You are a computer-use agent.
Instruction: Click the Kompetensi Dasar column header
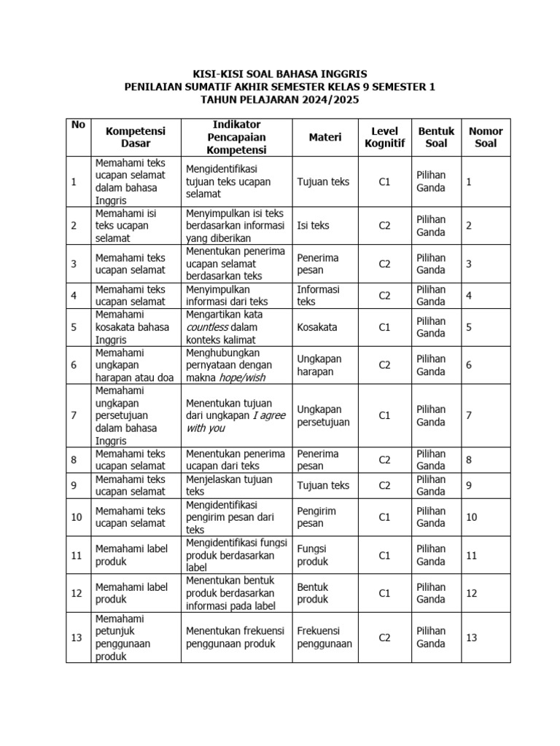point(136,137)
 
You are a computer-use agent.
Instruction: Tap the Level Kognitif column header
point(384,137)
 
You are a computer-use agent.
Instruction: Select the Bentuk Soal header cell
point(436,137)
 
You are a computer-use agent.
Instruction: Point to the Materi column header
point(325,137)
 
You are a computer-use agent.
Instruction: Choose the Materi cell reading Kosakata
point(317,327)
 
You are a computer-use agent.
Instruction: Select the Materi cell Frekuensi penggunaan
point(324,637)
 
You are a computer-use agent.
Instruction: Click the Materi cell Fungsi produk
point(313,555)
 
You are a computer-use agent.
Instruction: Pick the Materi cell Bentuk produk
point(313,593)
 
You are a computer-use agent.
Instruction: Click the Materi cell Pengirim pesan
point(316,517)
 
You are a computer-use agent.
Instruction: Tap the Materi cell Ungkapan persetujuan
point(323,415)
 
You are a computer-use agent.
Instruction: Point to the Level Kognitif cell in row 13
point(384,637)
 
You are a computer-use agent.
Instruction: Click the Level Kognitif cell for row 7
point(384,415)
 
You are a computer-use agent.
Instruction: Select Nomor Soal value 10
point(472,517)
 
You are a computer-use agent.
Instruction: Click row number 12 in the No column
point(77,593)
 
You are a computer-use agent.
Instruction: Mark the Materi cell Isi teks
point(313,226)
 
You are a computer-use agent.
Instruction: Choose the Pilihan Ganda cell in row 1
point(431,181)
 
